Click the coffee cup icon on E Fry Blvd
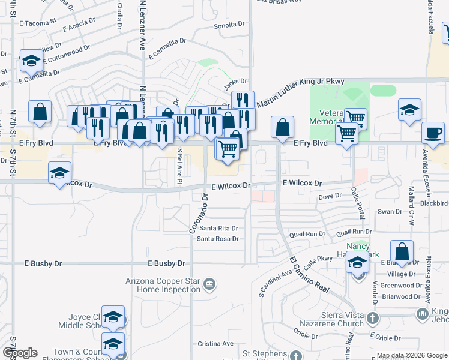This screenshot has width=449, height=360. point(432,133)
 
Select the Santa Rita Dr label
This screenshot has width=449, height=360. point(218,228)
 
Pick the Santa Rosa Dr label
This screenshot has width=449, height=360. point(218,239)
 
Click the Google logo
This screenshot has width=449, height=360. point(19,353)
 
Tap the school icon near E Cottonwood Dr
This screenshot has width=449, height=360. point(31,61)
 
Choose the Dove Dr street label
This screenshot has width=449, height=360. point(330,196)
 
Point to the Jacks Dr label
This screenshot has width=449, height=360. point(235,81)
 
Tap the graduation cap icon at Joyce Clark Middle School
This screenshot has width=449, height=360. point(112,317)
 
